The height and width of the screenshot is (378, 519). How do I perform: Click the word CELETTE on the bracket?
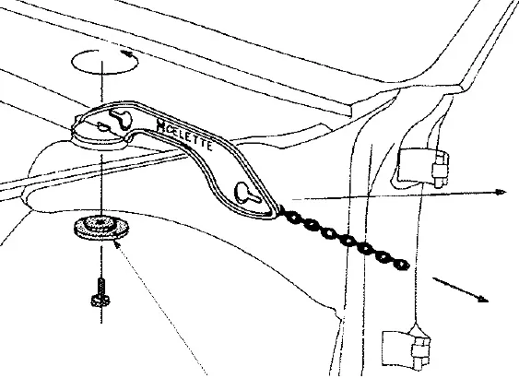188,136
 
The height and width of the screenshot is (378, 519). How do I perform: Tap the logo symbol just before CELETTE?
161,125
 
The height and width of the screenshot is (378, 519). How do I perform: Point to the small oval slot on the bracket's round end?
103,126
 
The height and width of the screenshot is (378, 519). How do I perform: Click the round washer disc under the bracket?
101,228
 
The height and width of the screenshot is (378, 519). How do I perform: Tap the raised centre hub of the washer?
100,222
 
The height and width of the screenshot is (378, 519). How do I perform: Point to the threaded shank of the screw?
101,287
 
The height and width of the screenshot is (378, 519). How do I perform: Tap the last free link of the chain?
402,264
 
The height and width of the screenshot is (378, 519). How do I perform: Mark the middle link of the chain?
346,241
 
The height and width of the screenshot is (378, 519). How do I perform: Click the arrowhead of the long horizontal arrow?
501,192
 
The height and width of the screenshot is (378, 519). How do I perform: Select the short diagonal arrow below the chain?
460,289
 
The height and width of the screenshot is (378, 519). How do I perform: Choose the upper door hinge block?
423,167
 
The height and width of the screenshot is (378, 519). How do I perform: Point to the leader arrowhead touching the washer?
116,244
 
